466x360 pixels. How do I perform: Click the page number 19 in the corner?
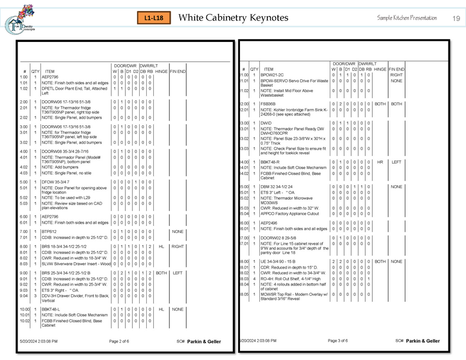coord(456,19)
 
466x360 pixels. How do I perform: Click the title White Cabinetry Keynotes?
coord(233,17)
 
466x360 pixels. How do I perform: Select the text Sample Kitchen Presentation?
coord(407,18)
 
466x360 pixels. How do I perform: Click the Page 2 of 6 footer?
coord(123,340)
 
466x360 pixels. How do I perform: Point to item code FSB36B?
coord(269,104)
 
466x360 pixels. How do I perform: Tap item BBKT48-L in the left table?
coord(52,309)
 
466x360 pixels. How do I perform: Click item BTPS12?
coord(50,231)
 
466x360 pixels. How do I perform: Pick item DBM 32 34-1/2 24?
coord(279,186)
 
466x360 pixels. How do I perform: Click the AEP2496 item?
coord(269,223)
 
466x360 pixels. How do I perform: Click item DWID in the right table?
coord(266,123)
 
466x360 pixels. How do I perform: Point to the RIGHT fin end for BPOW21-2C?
coord(397,75)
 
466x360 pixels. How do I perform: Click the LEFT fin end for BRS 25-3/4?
coord(178,273)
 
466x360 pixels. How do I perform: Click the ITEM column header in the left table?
coord(50,72)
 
